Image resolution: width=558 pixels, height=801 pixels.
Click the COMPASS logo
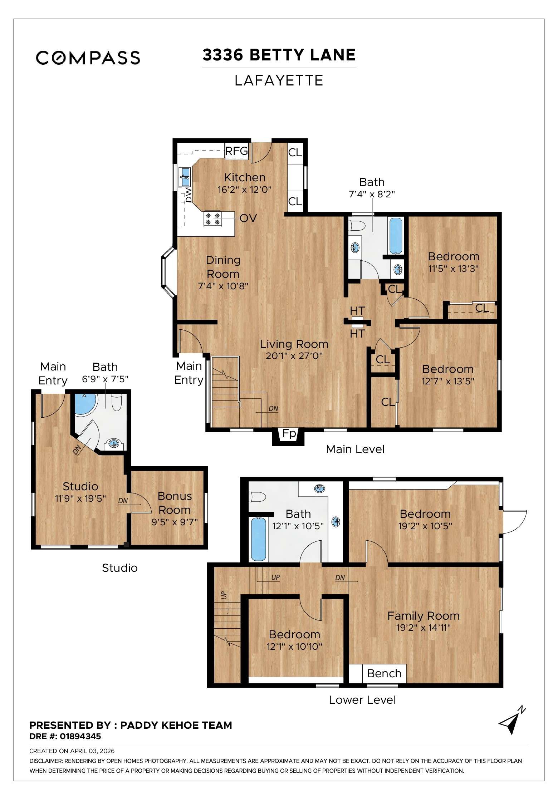[88, 58]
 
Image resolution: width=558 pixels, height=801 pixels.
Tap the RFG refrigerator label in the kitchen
[236, 151]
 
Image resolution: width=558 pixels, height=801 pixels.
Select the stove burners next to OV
[212, 218]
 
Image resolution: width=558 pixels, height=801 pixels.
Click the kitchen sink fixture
[185, 177]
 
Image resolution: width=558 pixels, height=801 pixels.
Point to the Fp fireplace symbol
[289, 434]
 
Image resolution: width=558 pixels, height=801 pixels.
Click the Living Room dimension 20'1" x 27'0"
[294, 356]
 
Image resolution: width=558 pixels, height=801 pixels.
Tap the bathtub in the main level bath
[396, 236]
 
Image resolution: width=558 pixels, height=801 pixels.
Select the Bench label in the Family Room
[384, 673]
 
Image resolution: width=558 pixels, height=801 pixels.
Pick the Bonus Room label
[175, 503]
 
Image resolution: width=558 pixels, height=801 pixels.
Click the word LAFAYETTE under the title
[279, 80]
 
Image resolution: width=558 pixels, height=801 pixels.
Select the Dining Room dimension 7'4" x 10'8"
[223, 286]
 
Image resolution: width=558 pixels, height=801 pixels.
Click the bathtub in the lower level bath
[258, 539]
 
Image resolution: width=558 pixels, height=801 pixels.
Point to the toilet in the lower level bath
[258, 497]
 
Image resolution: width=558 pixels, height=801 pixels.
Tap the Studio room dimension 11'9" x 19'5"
[80, 498]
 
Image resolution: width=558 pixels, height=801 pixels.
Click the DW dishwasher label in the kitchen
[189, 195]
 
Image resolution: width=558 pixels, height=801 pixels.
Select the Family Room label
[423, 616]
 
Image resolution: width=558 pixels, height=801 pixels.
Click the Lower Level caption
[362, 700]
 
